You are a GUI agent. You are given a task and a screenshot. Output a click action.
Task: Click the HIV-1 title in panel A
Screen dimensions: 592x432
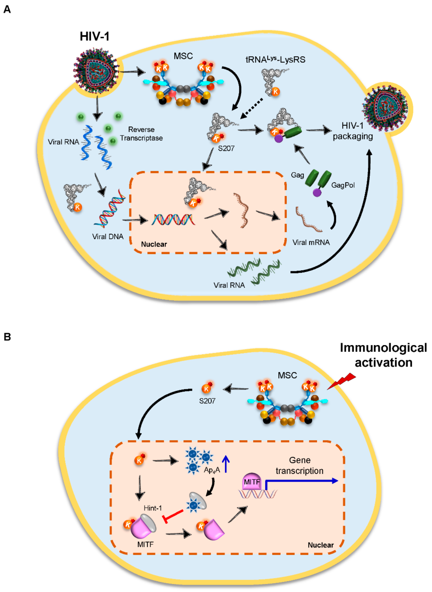click(x=94, y=36)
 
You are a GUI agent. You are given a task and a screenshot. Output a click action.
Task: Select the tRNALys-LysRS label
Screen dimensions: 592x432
click(x=275, y=60)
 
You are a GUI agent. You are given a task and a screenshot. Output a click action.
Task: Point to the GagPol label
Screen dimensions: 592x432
click(x=343, y=185)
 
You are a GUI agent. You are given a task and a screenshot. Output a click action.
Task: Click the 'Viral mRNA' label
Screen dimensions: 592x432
click(x=311, y=242)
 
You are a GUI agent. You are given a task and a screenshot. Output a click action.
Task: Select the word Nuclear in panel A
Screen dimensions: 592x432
click(x=154, y=244)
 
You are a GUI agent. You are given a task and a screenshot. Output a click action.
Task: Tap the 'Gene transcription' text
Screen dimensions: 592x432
click(x=300, y=465)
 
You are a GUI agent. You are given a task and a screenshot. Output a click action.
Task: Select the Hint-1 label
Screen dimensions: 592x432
click(x=153, y=508)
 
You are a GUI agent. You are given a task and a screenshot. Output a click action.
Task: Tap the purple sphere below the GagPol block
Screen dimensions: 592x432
click(x=317, y=193)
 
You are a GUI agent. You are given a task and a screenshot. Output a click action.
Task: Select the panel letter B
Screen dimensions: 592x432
click(x=7, y=337)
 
